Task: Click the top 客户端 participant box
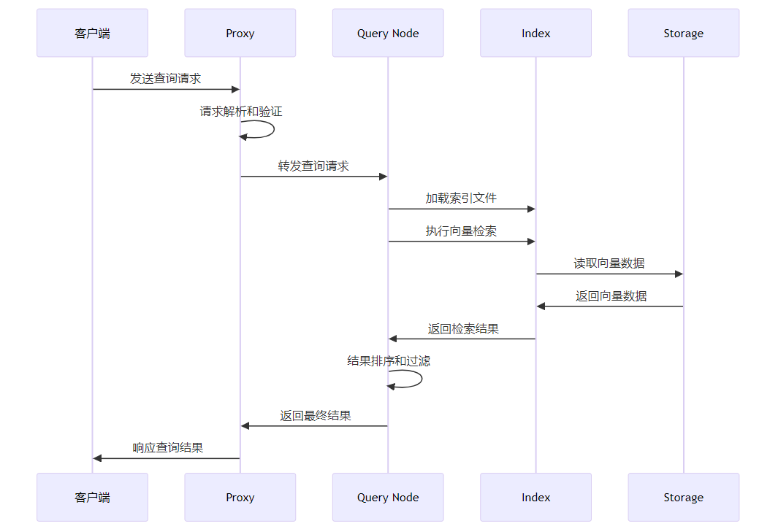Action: click(92, 33)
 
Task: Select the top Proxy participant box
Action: click(240, 33)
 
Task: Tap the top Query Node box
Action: click(388, 33)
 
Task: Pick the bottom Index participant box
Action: click(536, 498)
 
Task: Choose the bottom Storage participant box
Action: click(684, 498)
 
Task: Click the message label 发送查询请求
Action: click(166, 78)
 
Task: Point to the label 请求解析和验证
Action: click(241, 111)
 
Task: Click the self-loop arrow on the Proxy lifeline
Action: click(274, 129)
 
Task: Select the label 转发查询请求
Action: click(313, 166)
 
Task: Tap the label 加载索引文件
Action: click(462, 198)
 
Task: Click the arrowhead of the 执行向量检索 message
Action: click(531, 242)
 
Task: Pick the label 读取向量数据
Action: click(609, 263)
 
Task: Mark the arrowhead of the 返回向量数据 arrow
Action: click(541, 306)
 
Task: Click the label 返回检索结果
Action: click(463, 328)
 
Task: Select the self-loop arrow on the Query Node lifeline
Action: click(422, 379)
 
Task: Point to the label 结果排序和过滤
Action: click(389, 360)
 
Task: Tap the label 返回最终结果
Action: click(316, 415)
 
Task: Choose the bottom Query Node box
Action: click(388, 498)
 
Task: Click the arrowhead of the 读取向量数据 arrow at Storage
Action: click(679, 274)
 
